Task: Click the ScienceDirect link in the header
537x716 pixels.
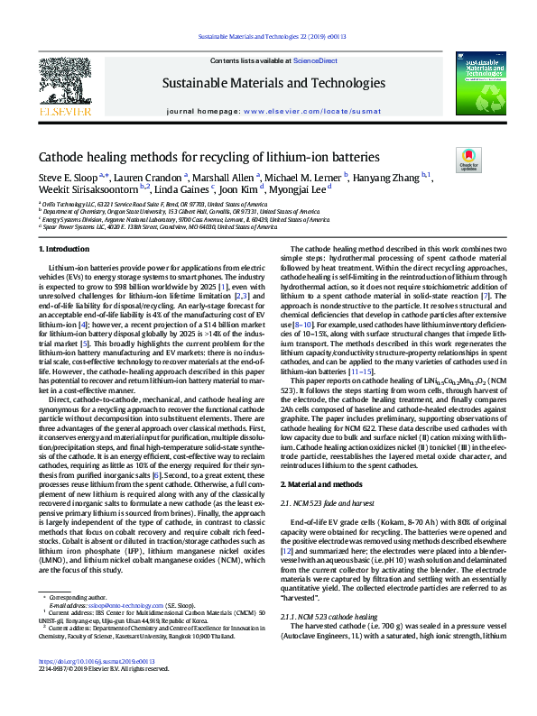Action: pos(307,60)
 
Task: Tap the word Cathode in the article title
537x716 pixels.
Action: pos(62,156)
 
